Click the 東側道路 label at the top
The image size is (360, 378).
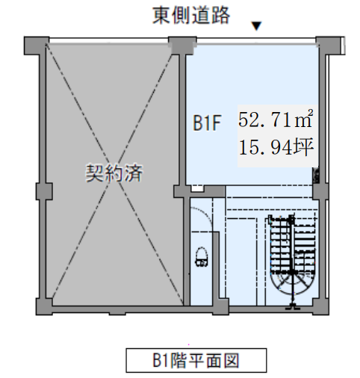pyautogui.click(x=191, y=16)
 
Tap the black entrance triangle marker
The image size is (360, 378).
pyautogui.click(x=256, y=26)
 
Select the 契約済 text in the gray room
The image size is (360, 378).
pyautogui.click(x=114, y=173)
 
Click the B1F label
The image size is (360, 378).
pyautogui.click(x=207, y=123)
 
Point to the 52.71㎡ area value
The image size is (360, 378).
pyautogui.click(x=276, y=119)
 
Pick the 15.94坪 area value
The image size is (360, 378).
pyautogui.click(x=276, y=147)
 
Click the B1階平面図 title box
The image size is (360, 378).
pyautogui.click(x=196, y=360)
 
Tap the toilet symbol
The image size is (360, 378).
pyautogui.click(x=202, y=257)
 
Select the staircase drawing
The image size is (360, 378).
pyautogui.click(x=292, y=261)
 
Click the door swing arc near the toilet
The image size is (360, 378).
pyautogui.click(x=208, y=214)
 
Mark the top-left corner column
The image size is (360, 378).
pyautogui.click(x=37, y=46)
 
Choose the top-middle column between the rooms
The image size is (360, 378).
pyautogui.click(x=182, y=46)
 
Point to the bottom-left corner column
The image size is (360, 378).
pyautogui.click(x=44, y=307)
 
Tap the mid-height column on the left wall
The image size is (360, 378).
pyautogui.click(x=44, y=191)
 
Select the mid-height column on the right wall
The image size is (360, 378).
pyautogui.click(x=320, y=191)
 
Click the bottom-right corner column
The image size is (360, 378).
pyautogui.click(x=320, y=307)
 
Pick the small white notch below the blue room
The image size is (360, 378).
pyautogui.click(x=197, y=188)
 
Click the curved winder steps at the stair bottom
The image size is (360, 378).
pyautogui.click(x=292, y=284)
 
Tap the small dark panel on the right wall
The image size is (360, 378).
pyautogui.click(x=316, y=176)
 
